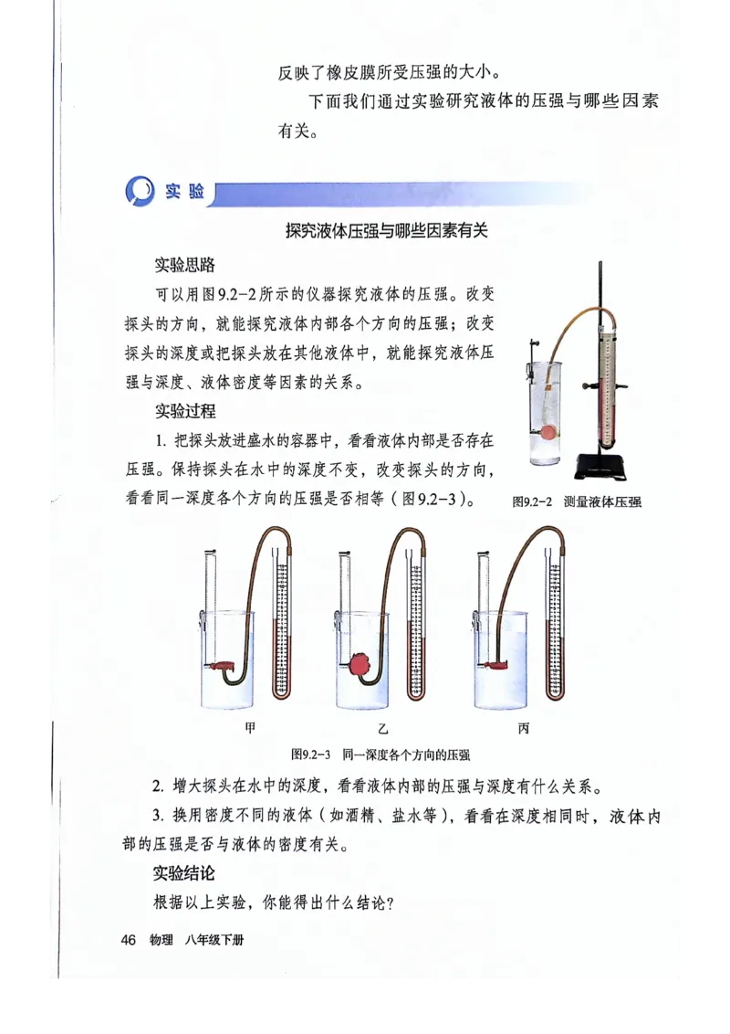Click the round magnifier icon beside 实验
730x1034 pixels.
coord(139,194)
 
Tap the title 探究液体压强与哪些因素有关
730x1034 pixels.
coord(386,231)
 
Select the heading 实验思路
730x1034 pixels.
coord(184,266)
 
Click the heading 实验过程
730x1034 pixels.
coord(184,412)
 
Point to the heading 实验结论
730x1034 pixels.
coord(184,874)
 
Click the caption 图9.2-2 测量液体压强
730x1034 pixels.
coord(577,501)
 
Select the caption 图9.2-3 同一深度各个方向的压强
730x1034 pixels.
coord(381,754)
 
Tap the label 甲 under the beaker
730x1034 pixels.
coord(250,729)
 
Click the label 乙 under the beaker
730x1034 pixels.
coord(384,729)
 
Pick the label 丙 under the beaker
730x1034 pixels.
coord(523,729)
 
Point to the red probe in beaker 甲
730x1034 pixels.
coord(222,667)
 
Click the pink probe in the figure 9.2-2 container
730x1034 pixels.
coord(547,433)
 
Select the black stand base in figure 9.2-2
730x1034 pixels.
coord(602,470)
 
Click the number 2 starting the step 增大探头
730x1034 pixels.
coord(157,786)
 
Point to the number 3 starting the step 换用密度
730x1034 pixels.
coord(157,816)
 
